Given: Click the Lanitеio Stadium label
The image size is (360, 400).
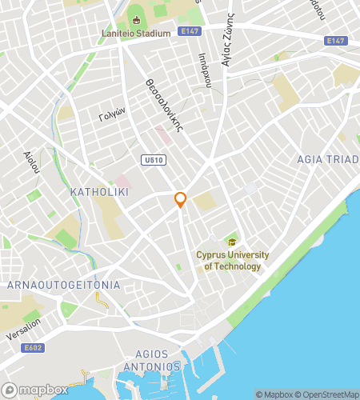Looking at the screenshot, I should tap(136, 34).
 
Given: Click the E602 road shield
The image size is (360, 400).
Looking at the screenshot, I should tap(33, 348).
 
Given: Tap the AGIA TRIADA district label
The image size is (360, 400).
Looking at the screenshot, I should tap(327, 158).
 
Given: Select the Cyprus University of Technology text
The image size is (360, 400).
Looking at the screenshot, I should tap(233, 261).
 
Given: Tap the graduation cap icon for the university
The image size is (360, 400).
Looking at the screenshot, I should tap(232, 242).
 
